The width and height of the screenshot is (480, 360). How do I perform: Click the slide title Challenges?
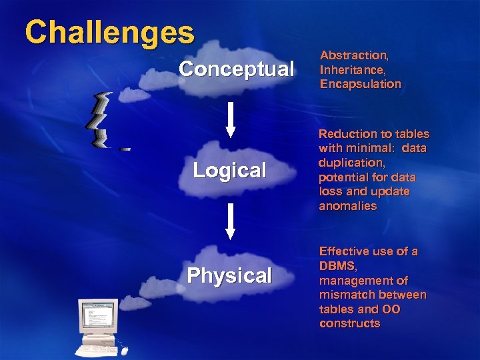[x=110, y=32]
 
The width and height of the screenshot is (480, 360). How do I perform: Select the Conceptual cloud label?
[x=236, y=69]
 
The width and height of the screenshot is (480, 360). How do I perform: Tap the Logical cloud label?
[x=229, y=171]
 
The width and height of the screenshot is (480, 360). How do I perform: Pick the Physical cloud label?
[x=229, y=276]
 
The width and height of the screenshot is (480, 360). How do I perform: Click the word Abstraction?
[x=352, y=55]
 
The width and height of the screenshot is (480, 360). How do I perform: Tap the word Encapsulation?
[x=360, y=85]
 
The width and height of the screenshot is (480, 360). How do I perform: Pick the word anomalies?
[x=347, y=207]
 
